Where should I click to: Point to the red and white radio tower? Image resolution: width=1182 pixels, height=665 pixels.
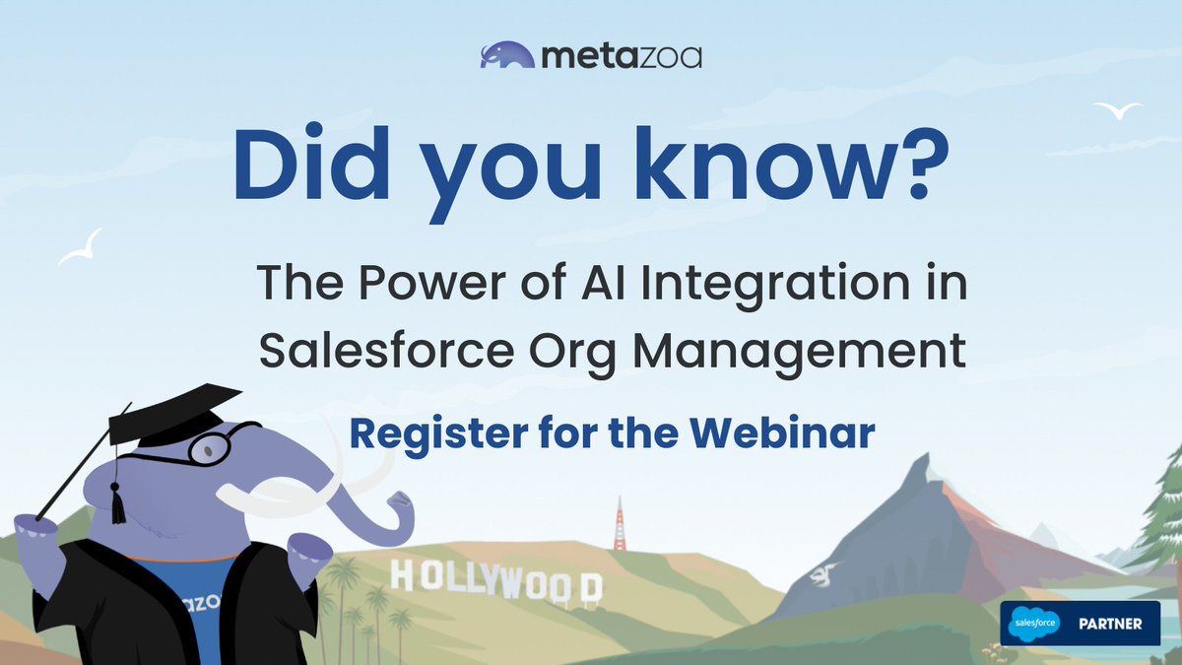(620, 522)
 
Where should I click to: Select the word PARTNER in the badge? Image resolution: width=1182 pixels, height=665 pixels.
(1109, 624)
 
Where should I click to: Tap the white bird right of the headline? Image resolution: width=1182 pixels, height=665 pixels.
(1118, 109)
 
